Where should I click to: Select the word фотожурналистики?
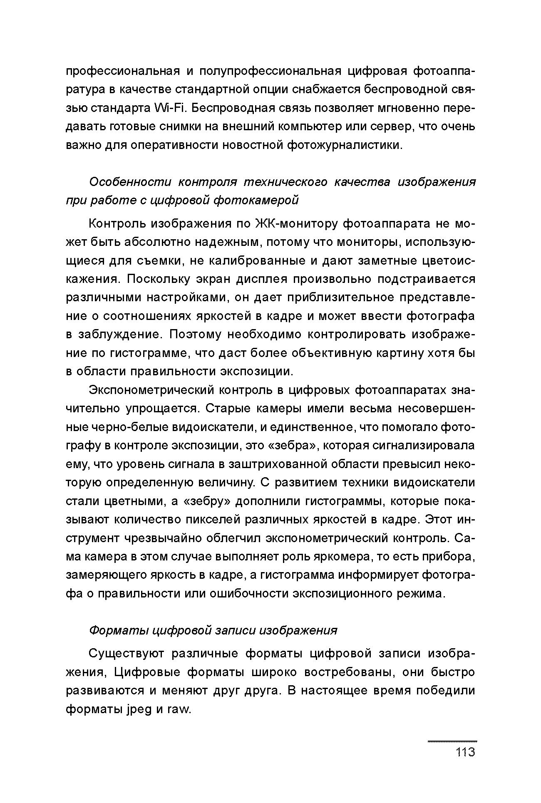point(345,145)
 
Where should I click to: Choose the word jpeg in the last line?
point(139,710)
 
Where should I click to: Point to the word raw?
point(178,710)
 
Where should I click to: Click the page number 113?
point(465,753)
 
